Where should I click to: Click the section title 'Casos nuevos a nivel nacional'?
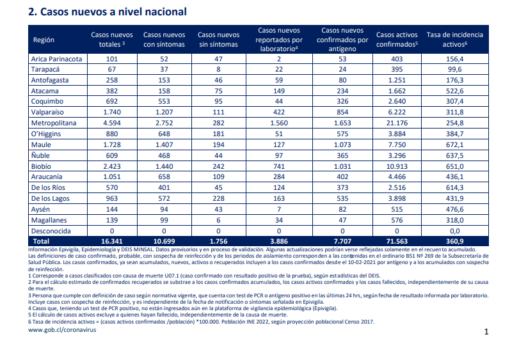pos(113,12)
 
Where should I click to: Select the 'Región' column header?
pos(44,40)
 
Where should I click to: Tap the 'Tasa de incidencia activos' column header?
pos(454,40)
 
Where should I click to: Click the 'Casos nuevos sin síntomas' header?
pos(218,40)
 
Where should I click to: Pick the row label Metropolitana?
pos(54,123)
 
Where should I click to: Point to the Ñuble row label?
pos(40,155)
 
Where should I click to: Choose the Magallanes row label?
pos(49,220)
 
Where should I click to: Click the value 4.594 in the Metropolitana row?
pos(112,123)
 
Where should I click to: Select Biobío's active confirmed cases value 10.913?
pos(397,166)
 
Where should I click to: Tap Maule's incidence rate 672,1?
pos(454,145)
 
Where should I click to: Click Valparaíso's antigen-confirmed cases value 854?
pos(342,112)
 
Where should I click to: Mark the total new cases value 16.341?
pos(112,241)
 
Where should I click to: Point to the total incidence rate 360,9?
pos(454,241)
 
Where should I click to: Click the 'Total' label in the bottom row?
pos(41,241)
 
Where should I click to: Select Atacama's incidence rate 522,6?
pos(454,91)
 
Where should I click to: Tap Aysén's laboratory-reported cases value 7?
pos(279,209)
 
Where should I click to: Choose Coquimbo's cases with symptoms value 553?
pos(164,101)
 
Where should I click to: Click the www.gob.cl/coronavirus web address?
pos(62,330)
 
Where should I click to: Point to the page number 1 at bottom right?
pos(486,332)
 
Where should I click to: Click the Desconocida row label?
pos(51,231)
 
